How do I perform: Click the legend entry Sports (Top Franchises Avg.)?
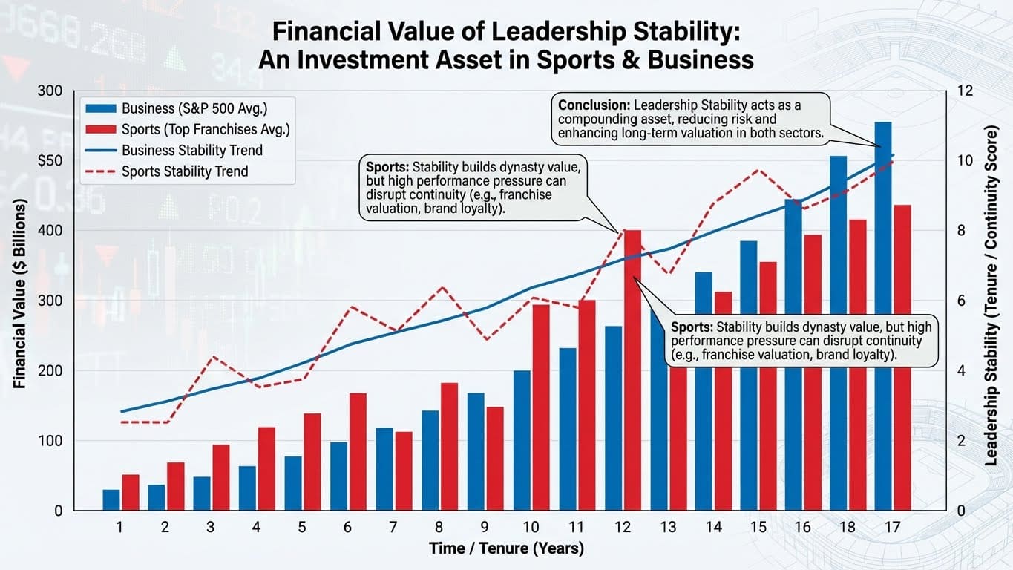(x=205, y=129)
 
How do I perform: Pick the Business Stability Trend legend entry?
(x=191, y=150)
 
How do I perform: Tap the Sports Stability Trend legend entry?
(x=184, y=171)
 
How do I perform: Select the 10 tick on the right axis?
(x=964, y=161)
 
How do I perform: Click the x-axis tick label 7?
(x=393, y=528)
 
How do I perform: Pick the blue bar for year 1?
(x=111, y=500)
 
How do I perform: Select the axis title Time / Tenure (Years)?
(x=506, y=549)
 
